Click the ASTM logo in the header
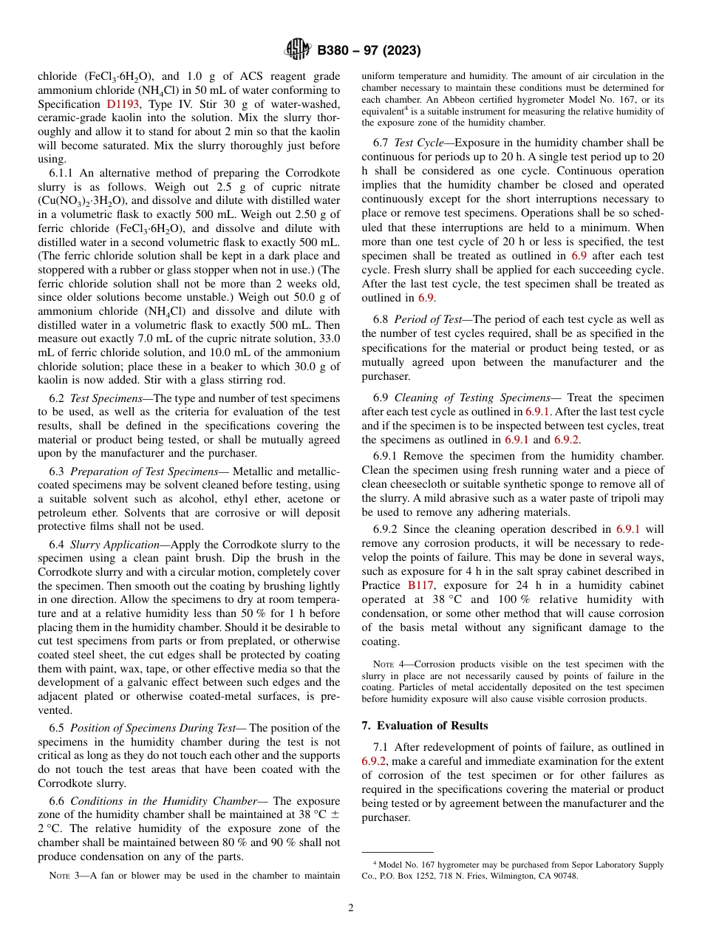click(x=298, y=50)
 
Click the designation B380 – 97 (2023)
click(x=369, y=51)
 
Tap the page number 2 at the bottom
click(x=351, y=908)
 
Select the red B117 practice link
click(x=421, y=585)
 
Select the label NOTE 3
click(x=63, y=876)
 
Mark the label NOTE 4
click(x=386, y=664)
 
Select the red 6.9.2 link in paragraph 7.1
click(x=374, y=761)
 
